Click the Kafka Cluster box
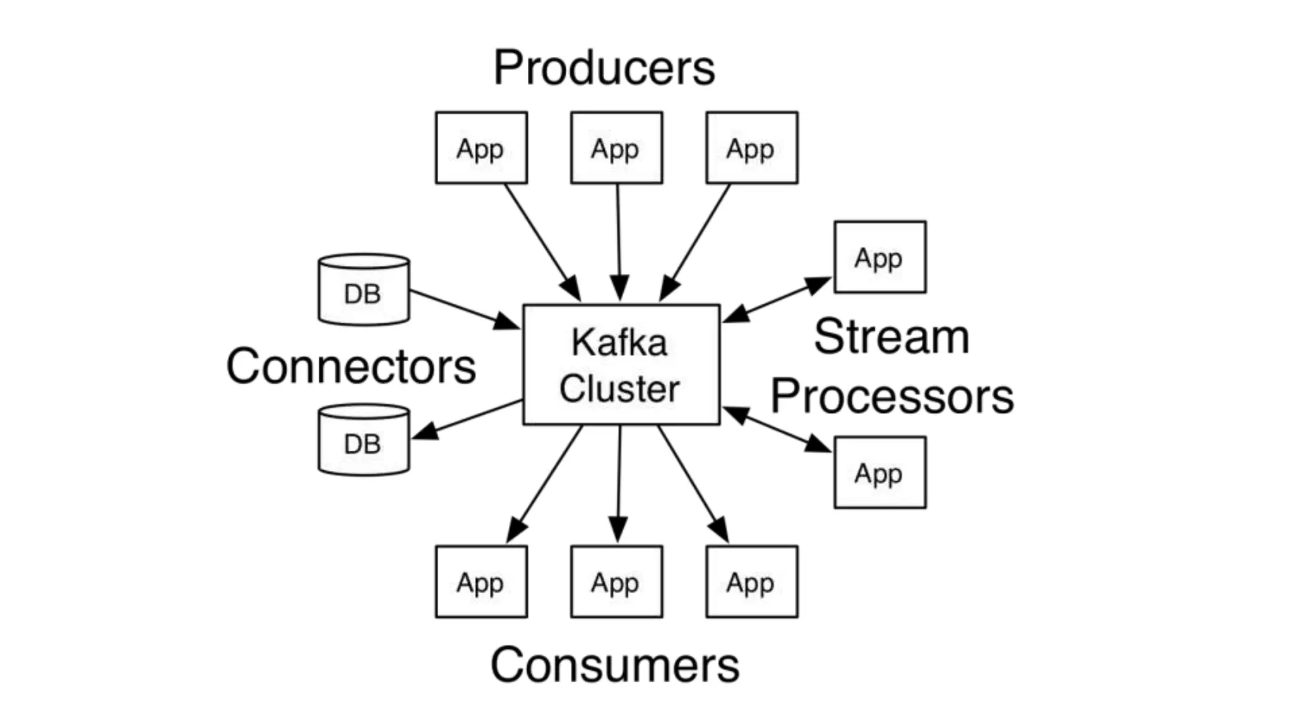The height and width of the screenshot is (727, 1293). coord(621,365)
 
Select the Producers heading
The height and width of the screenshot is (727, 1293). coord(604,68)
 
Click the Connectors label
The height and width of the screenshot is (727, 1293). coord(351,366)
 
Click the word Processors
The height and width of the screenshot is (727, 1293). coord(891,396)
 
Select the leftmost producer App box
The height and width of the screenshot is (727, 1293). coord(481,148)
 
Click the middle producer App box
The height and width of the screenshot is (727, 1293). coord(616,148)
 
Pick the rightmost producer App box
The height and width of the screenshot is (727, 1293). coord(751,148)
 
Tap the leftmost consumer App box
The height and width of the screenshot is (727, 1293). coord(481,581)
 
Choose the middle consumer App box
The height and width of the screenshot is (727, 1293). coord(616,581)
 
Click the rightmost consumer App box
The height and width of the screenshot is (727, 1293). coord(751,581)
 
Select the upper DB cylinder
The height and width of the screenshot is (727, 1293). coord(364,290)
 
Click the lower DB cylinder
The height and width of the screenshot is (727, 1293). coord(364,440)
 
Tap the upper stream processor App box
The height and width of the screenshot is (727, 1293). coord(879,257)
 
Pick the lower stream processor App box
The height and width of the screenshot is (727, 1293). coord(879,472)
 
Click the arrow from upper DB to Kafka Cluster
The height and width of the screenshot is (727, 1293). coord(464,309)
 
